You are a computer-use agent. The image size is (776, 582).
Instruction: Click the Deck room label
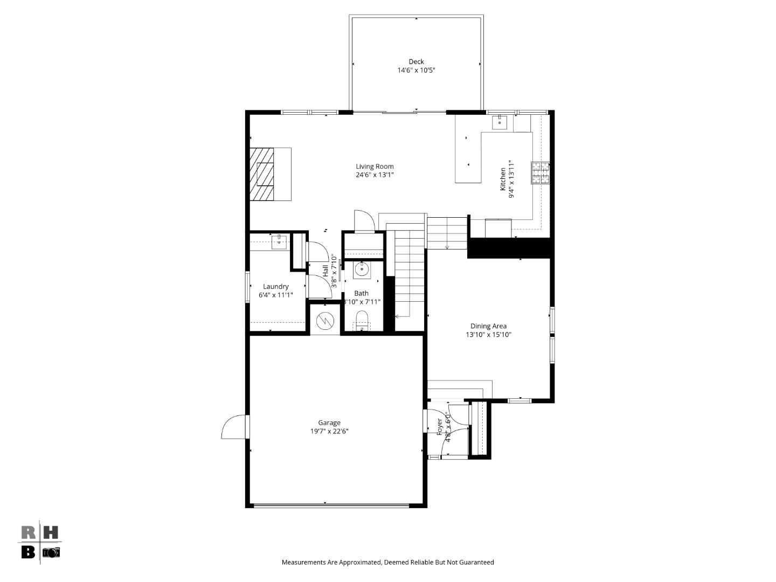[x=416, y=61]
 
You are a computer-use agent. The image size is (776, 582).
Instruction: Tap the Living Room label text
[x=375, y=167]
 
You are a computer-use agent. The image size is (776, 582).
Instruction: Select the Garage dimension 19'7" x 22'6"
[x=329, y=431]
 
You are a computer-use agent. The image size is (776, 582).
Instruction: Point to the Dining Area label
[x=488, y=326]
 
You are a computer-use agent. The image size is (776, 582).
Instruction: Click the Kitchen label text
[x=503, y=179]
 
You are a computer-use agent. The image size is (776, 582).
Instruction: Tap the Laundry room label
[x=275, y=287]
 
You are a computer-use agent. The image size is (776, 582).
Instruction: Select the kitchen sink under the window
[x=500, y=122]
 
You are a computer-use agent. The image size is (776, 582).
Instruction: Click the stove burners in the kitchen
[x=541, y=173]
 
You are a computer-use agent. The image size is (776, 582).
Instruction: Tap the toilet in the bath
[x=362, y=321]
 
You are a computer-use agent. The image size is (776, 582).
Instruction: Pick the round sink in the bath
[x=361, y=269]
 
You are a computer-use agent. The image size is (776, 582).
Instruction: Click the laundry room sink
[x=279, y=242]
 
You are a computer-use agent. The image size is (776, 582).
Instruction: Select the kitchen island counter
[x=468, y=157]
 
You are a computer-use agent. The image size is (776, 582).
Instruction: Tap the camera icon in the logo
[x=52, y=552]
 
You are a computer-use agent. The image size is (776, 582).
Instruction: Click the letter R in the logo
[x=29, y=532]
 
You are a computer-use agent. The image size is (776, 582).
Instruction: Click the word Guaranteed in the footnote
[x=476, y=562]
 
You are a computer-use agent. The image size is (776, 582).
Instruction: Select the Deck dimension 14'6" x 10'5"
[x=416, y=70]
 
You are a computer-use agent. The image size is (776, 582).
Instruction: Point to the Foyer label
[x=439, y=427]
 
